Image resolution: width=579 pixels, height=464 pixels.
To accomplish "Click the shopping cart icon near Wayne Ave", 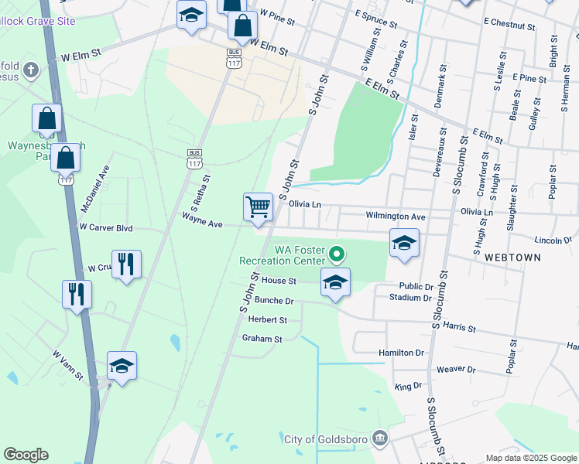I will point(258,207).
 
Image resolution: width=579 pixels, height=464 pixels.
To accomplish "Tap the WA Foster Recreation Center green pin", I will point(336,253).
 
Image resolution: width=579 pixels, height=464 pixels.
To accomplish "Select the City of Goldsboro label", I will point(326,439).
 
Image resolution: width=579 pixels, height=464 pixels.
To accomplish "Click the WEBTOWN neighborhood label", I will point(505,255).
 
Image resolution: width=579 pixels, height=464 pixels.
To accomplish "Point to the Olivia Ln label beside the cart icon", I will point(304,205).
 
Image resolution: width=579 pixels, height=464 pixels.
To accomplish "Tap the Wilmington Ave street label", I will point(396,217).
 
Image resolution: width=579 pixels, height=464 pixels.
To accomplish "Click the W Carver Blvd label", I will point(106,228).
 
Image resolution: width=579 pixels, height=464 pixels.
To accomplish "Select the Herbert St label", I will point(268,319).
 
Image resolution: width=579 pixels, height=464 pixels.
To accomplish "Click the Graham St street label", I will point(262,338).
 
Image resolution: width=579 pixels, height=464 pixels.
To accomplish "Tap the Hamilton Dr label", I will point(402,353).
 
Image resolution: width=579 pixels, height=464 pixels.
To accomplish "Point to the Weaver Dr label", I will point(454,370).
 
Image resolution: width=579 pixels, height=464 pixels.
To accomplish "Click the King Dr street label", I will point(407,385).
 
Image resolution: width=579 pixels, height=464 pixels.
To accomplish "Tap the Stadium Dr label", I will point(410,296).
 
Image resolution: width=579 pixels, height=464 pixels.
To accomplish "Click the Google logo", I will point(26,455).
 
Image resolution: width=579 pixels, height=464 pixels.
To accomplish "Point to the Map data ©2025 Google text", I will point(530,458).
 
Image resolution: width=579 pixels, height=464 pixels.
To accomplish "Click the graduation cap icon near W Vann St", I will point(122,366).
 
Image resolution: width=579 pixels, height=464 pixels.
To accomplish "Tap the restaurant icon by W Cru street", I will point(126,264).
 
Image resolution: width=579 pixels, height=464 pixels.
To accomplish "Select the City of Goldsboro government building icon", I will point(380,439).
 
